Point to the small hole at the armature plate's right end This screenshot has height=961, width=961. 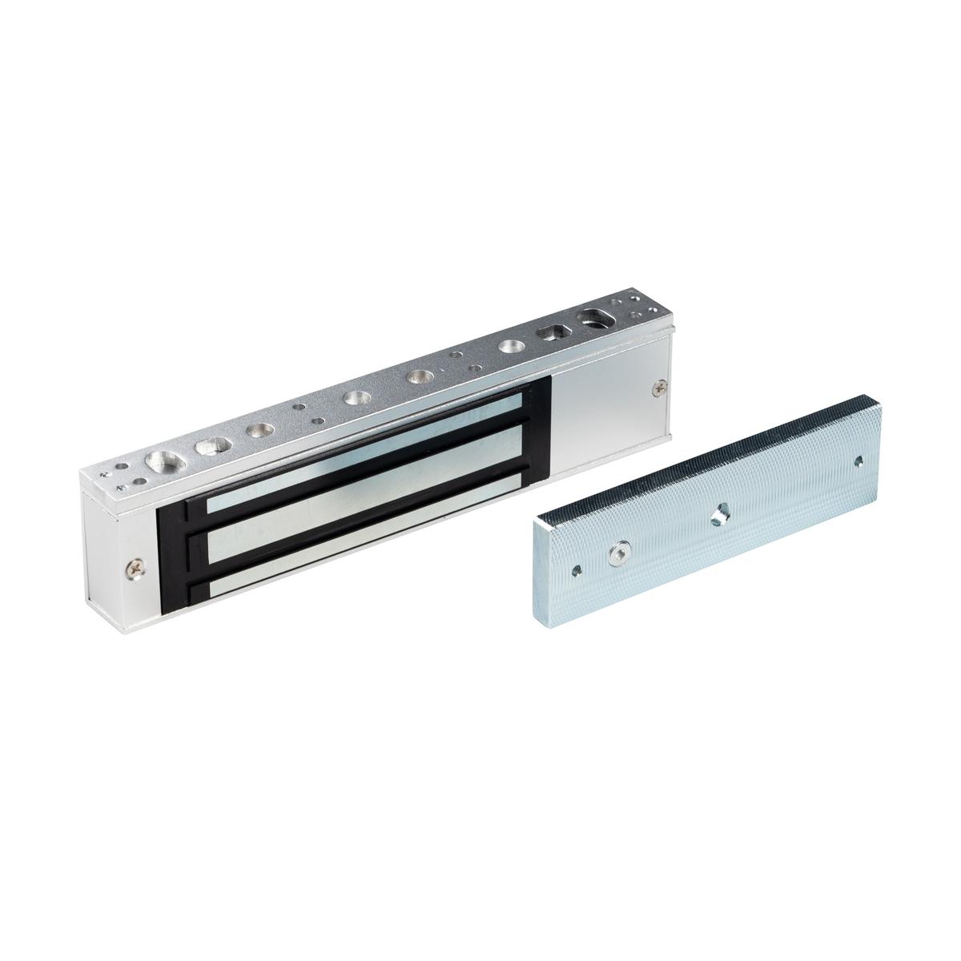pyautogui.click(x=858, y=460)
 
